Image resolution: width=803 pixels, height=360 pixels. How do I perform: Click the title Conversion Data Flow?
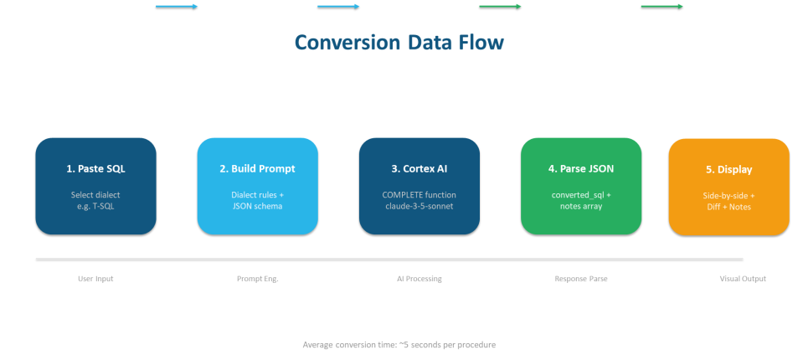coord(399,43)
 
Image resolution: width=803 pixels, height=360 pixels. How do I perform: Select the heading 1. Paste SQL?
coord(95,168)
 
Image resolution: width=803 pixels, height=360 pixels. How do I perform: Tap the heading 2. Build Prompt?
coord(257,168)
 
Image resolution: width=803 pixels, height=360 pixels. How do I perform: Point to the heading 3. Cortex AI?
coord(419,168)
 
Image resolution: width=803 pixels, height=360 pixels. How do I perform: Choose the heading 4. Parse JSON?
coord(581,168)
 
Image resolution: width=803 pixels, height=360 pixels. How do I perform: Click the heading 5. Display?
coord(728,169)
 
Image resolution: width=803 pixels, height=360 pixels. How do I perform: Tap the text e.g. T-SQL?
coord(95,206)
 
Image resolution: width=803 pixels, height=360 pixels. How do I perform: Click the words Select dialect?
coord(95,194)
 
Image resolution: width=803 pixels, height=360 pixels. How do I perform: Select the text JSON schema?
coord(257,206)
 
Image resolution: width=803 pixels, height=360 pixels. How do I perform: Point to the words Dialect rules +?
coord(257,194)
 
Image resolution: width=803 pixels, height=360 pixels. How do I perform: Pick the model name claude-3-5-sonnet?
coord(419,206)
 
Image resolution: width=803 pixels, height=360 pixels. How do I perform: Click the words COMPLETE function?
coord(419,194)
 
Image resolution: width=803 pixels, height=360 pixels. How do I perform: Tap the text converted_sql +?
coord(581,194)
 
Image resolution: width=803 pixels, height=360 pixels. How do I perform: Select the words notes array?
coord(581,206)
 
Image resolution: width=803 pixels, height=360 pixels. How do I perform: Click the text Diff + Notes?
coord(728,207)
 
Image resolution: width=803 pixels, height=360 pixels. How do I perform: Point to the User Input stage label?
coord(95,278)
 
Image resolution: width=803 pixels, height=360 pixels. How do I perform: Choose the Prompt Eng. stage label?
coord(257,278)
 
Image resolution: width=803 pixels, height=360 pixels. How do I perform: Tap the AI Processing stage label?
coord(419,278)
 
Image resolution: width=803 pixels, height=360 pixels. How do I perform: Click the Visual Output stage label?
coord(743,278)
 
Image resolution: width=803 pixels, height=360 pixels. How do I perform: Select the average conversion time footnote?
coord(399,344)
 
